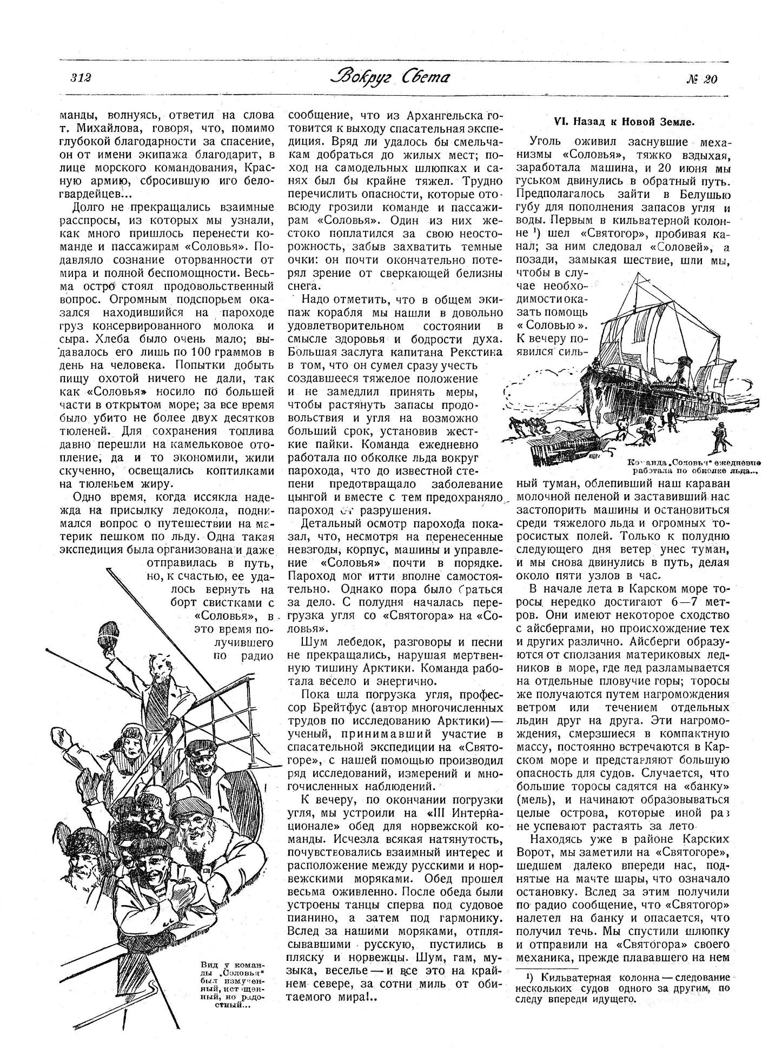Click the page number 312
pos(80,78)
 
